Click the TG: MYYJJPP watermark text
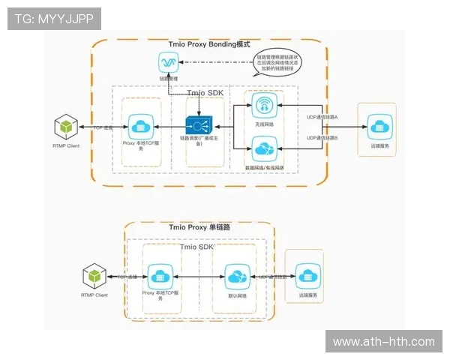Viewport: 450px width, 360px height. click(x=54, y=19)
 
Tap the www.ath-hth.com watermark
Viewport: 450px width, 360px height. click(x=383, y=342)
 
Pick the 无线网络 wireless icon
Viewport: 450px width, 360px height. click(x=262, y=105)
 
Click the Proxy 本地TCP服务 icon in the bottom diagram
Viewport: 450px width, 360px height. click(x=160, y=275)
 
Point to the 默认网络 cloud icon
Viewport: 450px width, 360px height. click(x=235, y=276)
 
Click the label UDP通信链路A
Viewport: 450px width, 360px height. click(x=322, y=117)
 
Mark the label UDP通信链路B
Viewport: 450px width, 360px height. click(x=322, y=139)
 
